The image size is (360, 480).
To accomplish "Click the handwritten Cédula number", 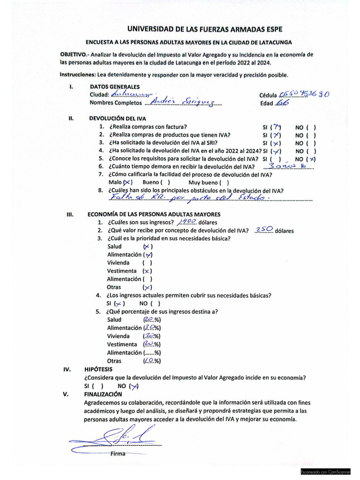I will coord(305,94).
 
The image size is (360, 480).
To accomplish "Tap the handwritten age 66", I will coord(282,103).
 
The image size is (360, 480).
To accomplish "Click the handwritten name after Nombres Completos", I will coord(184,103).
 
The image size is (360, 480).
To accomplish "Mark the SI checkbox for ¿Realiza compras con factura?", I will coord(277,127).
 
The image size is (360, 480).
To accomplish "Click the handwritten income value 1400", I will coord(188,222).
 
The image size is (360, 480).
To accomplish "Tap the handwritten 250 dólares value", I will coord(264,230).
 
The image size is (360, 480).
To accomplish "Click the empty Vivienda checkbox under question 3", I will coord(148,263).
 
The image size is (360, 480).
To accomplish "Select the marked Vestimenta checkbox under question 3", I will coord(147,271).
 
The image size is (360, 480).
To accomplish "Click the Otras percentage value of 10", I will coord(151,361).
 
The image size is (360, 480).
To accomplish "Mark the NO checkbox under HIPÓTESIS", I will coord(135,386).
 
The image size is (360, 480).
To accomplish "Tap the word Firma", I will coord(118,454).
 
